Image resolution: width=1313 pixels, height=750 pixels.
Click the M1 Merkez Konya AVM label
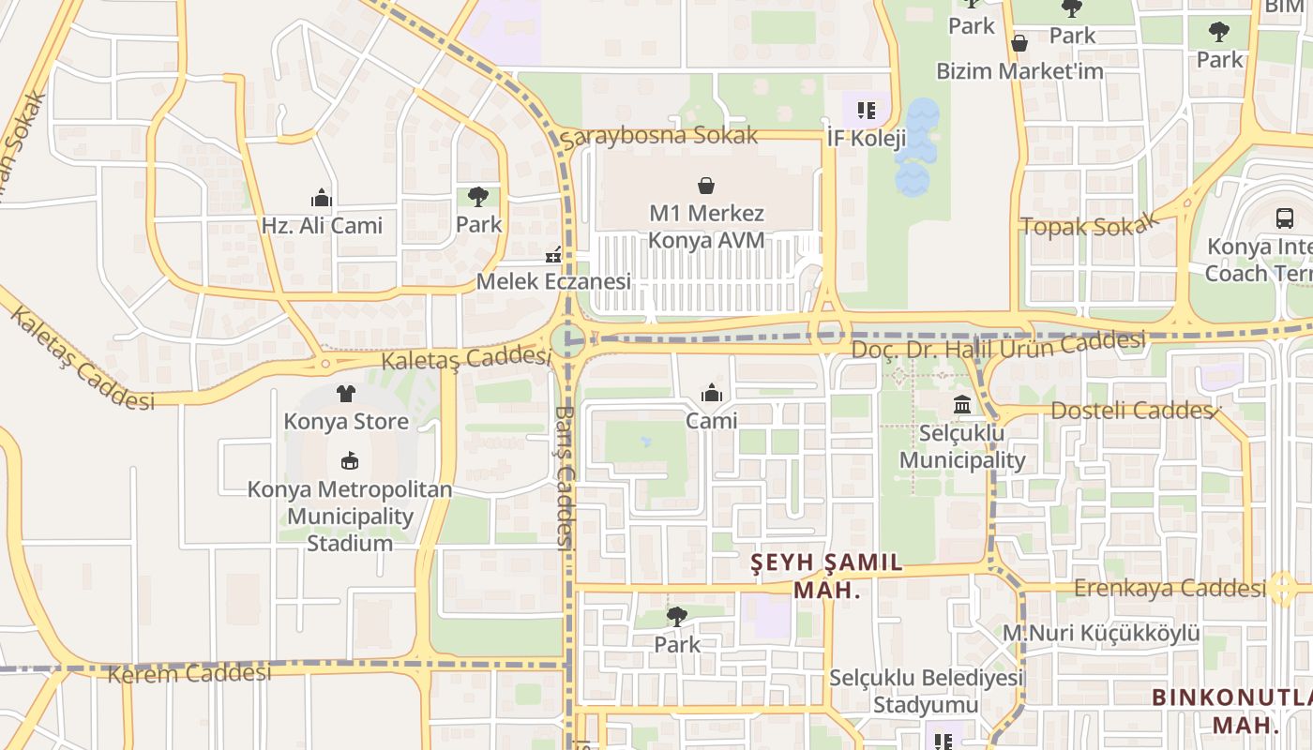point(706,227)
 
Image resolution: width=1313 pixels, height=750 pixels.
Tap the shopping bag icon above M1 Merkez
point(706,186)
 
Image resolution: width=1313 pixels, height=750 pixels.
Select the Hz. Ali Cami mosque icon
point(322,198)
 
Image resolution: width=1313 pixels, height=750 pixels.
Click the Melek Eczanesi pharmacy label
point(553,281)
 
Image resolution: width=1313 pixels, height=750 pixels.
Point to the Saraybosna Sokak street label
point(659,136)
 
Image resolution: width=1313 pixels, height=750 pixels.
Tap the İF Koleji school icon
point(867,111)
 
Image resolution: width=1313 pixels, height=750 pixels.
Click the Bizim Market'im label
point(1019,71)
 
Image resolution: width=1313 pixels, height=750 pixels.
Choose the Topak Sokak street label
point(1089,225)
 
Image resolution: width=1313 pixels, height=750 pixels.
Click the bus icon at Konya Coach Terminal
point(1285,218)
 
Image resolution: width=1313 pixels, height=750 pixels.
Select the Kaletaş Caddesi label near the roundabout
point(465,358)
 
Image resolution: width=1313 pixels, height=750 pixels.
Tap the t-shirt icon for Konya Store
point(346,394)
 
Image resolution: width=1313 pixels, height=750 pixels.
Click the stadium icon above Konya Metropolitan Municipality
point(349,460)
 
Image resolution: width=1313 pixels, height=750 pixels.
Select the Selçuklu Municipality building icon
point(962,405)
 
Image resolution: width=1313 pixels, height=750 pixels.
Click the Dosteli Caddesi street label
point(1134,411)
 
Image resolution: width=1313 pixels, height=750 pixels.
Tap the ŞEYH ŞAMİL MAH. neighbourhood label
point(827,576)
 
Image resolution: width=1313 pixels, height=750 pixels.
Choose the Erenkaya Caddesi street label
point(1170,588)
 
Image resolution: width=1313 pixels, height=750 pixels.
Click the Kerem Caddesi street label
point(189,673)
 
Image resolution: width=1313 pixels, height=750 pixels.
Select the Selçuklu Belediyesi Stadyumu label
point(925,691)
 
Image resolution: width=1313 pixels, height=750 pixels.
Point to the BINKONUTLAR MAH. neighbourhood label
point(1233,710)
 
